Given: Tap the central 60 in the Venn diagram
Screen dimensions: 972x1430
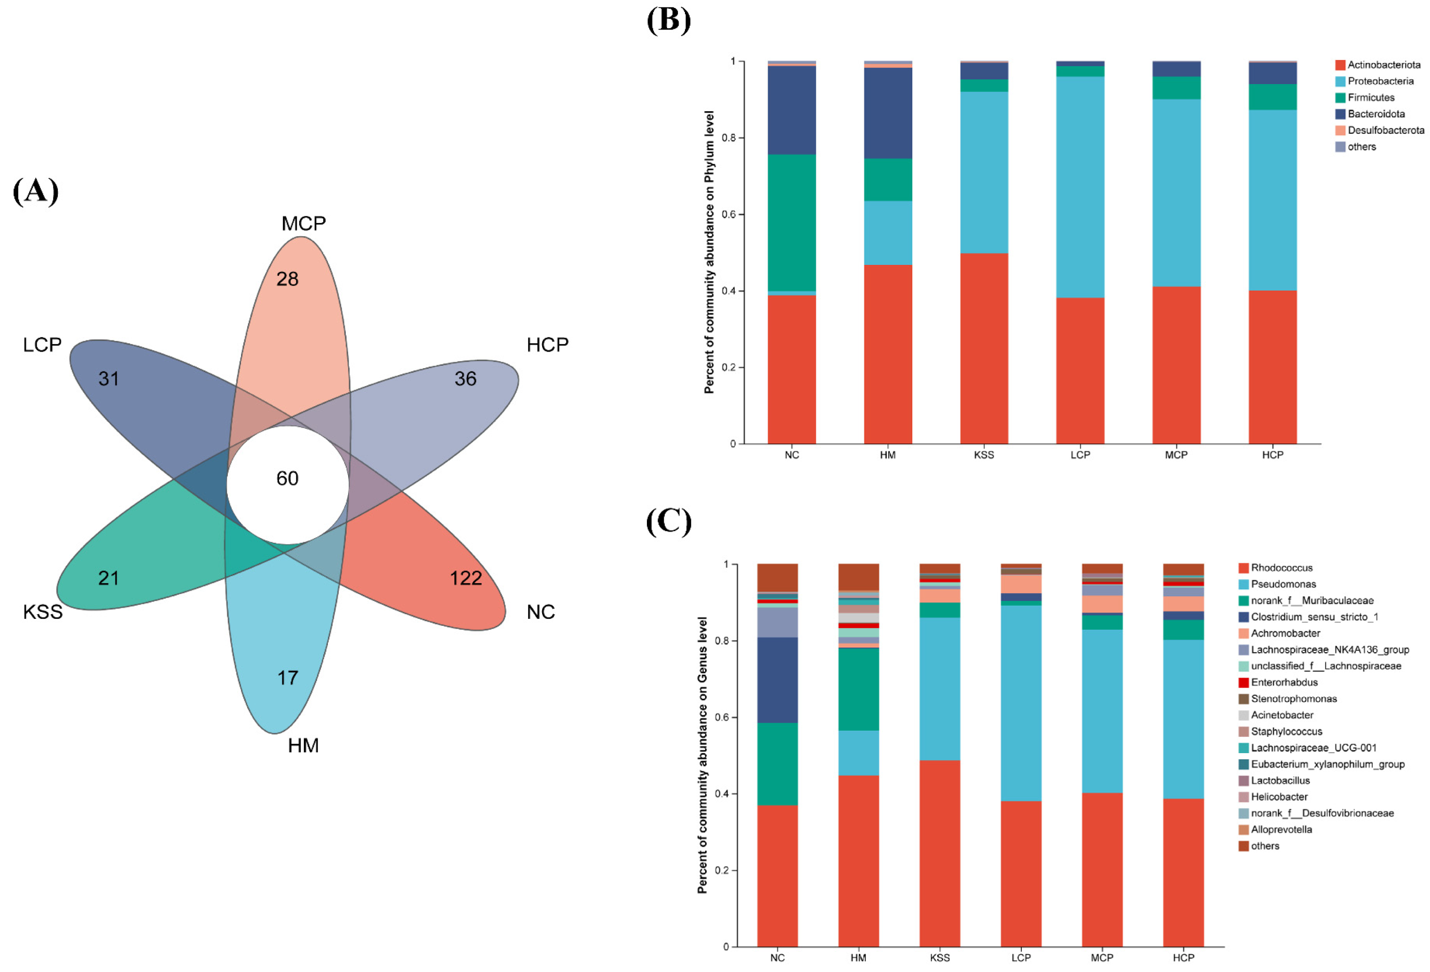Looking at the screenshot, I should point(288,478).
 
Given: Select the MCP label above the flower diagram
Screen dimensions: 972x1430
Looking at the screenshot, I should point(303,224).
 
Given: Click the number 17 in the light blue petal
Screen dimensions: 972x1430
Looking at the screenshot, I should point(288,678).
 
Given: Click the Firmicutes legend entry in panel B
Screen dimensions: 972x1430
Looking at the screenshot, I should point(1370,98).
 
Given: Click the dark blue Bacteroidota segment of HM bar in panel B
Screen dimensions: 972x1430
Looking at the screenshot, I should point(887,113).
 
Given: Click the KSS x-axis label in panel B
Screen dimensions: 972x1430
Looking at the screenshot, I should point(983,455).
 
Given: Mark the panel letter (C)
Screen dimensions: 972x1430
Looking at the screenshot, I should point(669,521).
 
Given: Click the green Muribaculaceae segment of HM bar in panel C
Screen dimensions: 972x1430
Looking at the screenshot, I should point(858,689).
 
